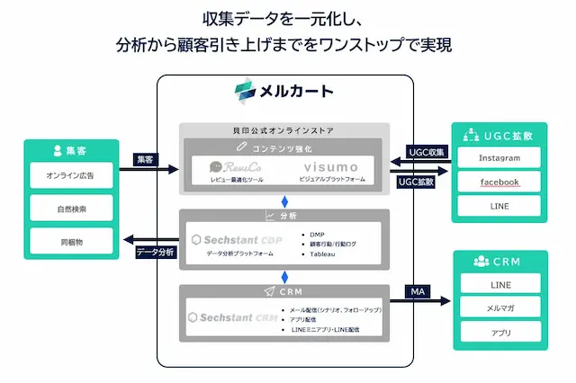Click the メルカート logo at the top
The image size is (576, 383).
tap(283, 90)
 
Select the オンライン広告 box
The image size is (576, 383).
tap(70, 174)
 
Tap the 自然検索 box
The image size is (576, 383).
tap(70, 209)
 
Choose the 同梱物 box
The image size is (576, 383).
tap(70, 241)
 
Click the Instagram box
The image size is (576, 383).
tap(499, 158)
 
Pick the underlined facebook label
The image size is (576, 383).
tap(499, 183)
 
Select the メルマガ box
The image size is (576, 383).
tap(499, 308)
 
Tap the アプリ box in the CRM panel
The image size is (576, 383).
tap(499, 333)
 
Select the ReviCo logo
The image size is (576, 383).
tap(229, 167)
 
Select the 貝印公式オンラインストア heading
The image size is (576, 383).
tap(283, 131)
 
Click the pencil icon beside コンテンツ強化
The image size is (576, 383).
tap(240, 146)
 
